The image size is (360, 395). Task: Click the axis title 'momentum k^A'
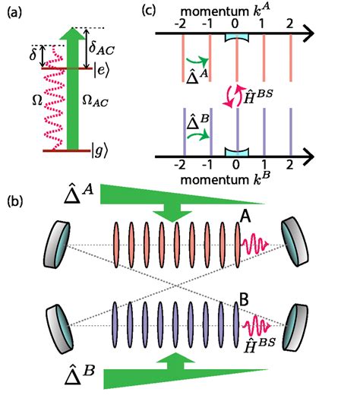tap(238, 8)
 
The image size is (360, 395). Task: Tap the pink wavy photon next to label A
tap(257, 244)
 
